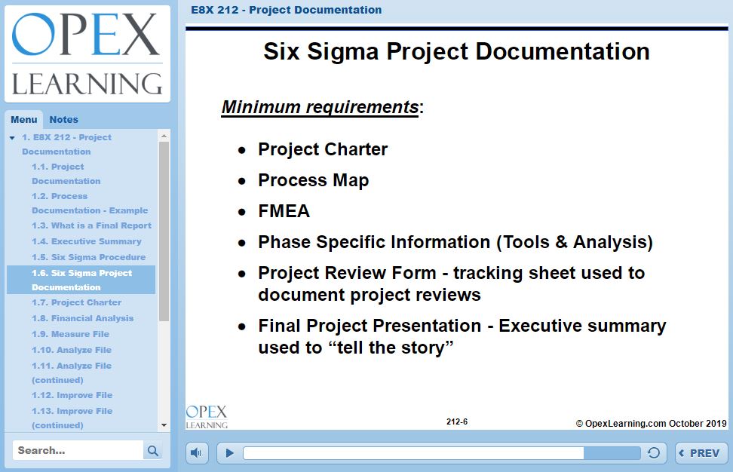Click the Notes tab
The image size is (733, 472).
click(x=63, y=120)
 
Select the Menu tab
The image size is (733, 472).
click(x=24, y=120)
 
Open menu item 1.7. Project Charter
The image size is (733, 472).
click(x=77, y=302)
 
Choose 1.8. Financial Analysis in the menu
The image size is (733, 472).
click(x=83, y=318)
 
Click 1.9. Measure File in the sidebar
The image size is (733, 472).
click(x=71, y=334)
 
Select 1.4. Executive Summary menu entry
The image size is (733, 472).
click(x=87, y=241)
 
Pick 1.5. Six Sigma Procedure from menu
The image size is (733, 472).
click(x=89, y=257)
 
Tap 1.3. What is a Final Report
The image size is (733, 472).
click(x=92, y=225)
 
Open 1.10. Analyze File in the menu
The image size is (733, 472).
click(x=72, y=350)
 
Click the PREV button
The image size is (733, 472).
click(x=701, y=453)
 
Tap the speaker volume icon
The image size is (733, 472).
click(x=196, y=453)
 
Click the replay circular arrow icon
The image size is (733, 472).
click(x=654, y=453)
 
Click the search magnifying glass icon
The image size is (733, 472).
click(x=153, y=450)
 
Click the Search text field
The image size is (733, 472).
click(x=78, y=450)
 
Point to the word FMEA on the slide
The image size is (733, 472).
click(x=284, y=211)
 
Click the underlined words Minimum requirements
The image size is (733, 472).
click(x=320, y=108)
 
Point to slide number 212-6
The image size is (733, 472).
click(x=457, y=421)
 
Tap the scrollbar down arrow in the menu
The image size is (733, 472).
click(x=164, y=425)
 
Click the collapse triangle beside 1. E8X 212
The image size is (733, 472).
click(x=12, y=138)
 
